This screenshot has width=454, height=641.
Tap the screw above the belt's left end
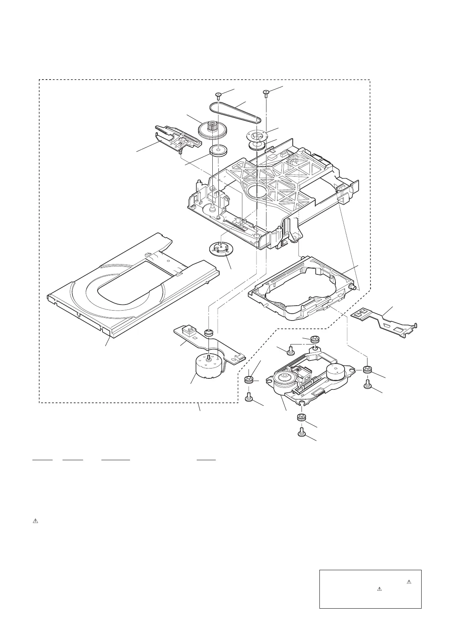coord(218,95)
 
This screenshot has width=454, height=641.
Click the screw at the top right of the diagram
coord(266,92)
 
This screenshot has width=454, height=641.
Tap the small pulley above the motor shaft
coord(209,333)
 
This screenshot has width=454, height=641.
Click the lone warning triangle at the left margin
coord(35,521)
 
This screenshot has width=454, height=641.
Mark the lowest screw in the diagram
coord(301,432)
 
